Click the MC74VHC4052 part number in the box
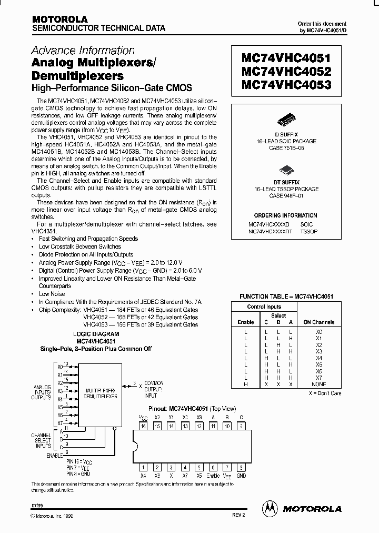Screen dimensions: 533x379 tap(286, 71)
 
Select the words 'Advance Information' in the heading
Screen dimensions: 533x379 tap(83, 51)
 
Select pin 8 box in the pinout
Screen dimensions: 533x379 tap(241, 467)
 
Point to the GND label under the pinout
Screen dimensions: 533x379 tap(241, 476)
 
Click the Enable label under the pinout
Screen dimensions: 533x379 tap(213, 476)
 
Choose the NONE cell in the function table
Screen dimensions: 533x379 tap(318, 384)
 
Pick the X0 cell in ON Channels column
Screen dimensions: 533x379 tap(318, 332)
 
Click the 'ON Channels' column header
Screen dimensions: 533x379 tap(318, 322)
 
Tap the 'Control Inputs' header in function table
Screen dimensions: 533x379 tap(264, 307)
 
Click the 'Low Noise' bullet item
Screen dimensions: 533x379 tap(52, 294)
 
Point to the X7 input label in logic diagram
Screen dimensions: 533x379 tap(59, 423)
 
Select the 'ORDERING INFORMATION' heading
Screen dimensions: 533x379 tap(286, 216)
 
